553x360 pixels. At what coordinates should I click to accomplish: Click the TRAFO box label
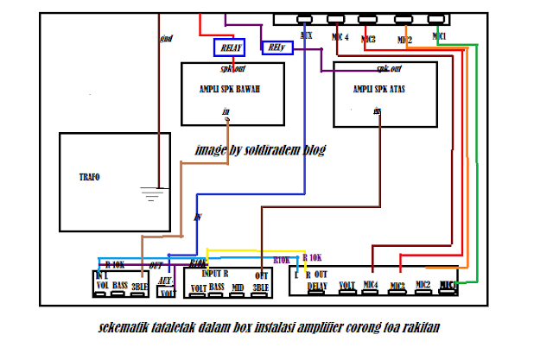click(x=89, y=176)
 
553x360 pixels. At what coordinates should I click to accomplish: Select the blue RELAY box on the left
click(x=231, y=48)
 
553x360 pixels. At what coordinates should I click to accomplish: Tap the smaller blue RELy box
click(x=276, y=47)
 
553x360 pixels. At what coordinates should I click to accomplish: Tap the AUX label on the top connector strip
click(x=306, y=36)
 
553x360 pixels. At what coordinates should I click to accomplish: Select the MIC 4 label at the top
click(x=340, y=37)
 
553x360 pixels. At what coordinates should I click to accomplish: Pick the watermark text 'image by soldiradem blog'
click(x=261, y=149)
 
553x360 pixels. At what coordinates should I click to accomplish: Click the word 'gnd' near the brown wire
click(x=168, y=39)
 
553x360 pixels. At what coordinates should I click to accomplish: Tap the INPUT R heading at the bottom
click(x=215, y=272)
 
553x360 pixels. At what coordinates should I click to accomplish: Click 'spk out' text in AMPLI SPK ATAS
click(x=390, y=68)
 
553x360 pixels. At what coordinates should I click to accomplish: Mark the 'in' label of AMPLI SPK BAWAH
click(x=226, y=111)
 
